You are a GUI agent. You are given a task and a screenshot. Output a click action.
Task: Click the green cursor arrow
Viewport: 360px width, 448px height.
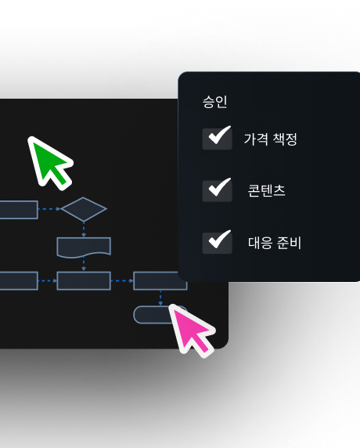(49, 162)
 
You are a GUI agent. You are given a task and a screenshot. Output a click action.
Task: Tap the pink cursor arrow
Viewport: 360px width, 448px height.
(191, 330)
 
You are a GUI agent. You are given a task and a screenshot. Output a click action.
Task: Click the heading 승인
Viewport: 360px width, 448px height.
(215, 102)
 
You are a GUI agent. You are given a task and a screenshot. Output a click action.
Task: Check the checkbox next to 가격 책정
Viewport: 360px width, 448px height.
(218, 139)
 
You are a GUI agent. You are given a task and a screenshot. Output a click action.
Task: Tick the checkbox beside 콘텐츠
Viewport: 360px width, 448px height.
(218, 191)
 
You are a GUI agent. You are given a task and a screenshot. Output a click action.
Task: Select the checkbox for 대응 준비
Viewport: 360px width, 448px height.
(218, 243)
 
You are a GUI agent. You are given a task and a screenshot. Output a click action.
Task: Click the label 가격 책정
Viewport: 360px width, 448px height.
(271, 139)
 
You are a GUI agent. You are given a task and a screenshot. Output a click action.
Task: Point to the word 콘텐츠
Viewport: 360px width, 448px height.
(266, 190)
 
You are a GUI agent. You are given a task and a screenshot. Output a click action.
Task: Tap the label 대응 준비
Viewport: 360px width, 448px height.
(275, 243)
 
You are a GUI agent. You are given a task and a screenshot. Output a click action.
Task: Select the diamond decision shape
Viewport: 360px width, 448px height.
(84, 209)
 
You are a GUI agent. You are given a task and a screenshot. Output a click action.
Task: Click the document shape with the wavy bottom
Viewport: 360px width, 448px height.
(84, 247)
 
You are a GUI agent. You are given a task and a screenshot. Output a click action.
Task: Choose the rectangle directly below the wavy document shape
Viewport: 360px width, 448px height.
(84, 281)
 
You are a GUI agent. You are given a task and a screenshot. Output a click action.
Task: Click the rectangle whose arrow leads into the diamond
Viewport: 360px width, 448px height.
(19, 210)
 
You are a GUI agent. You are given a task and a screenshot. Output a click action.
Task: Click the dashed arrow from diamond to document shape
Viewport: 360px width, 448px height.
(84, 229)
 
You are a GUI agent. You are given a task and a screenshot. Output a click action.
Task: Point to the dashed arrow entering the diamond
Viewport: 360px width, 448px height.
(49, 209)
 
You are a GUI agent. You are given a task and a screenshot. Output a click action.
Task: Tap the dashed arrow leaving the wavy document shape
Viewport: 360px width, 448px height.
(84, 264)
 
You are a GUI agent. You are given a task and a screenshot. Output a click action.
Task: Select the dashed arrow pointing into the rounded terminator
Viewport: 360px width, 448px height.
(160, 298)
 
